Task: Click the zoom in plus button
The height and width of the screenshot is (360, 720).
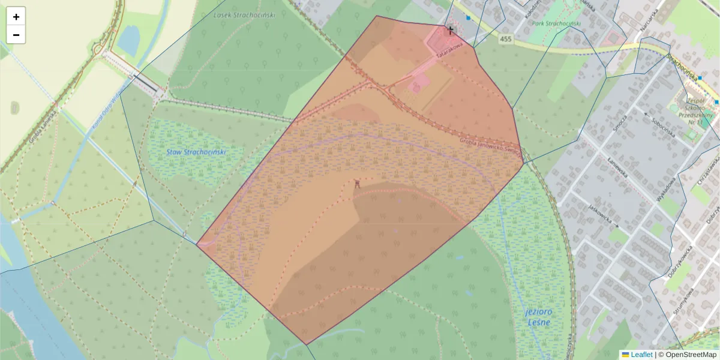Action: [16, 17]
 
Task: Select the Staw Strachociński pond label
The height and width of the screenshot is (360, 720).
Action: [196, 152]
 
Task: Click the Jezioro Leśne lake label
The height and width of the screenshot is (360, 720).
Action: [538, 317]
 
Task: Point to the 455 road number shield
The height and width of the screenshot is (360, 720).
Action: [506, 39]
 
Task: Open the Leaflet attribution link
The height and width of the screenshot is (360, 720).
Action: [641, 355]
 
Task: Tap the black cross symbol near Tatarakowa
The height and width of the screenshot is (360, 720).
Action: [451, 30]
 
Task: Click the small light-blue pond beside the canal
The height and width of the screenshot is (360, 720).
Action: [128, 41]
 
